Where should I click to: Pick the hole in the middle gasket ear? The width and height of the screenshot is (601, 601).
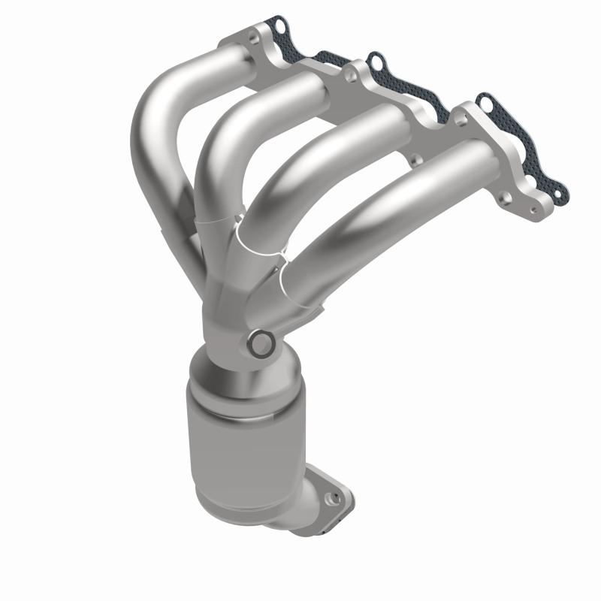click(x=376, y=61)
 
